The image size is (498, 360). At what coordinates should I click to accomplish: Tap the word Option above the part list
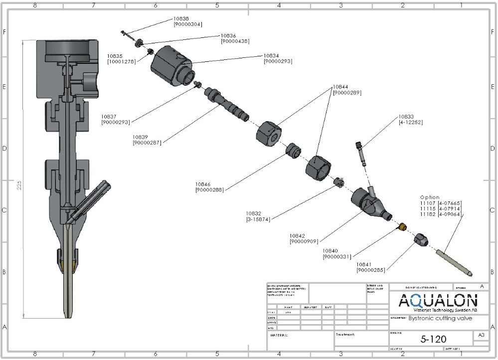click(x=430, y=197)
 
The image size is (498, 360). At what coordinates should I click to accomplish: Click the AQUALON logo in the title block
click(x=438, y=301)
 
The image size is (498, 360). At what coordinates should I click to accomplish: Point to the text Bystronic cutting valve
click(x=440, y=318)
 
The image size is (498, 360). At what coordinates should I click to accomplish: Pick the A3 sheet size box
click(x=481, y=335)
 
